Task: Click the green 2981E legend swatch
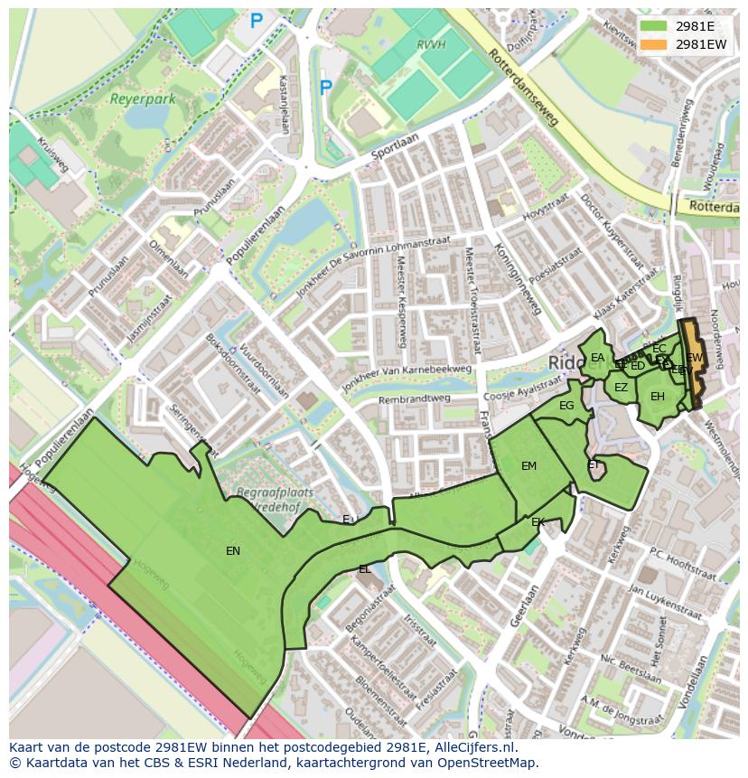654,26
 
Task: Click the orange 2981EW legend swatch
654,43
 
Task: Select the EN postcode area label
233,550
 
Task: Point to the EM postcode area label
528,466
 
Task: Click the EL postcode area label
364,569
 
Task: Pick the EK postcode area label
538,522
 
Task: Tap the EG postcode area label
566,406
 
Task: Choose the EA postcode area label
597,358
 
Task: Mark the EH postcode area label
658,397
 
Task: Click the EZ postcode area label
621,388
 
